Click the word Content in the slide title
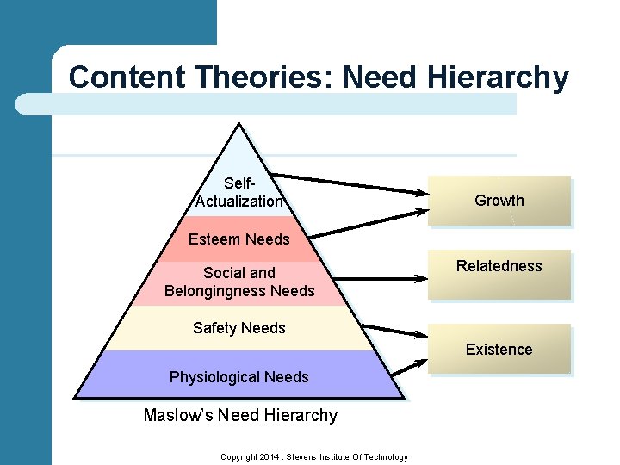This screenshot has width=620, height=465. [127, 77]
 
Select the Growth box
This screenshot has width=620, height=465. [499, 201]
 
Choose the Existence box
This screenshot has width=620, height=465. [499, 349]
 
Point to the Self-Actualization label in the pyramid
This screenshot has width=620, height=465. [239, 192]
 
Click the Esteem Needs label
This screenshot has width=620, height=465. [239, 239]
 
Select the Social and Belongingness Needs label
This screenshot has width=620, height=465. [239, 282]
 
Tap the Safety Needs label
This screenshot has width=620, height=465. [239, 327]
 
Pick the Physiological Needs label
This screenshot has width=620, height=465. [239, 377]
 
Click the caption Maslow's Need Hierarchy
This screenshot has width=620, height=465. [240, 415]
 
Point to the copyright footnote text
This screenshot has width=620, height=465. [313, 456]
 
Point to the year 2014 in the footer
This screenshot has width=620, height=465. [273, 456]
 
